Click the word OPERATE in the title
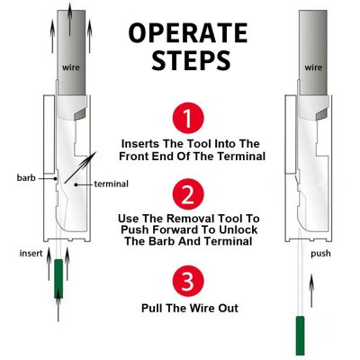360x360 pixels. [x=188, y=33]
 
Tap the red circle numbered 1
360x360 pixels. [x=188, y=118]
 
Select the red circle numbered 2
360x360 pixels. [x=188, y=194]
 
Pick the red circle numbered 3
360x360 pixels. [x=188, y=281]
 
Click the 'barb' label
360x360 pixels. [x=26, y=178]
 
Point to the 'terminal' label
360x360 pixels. [x=112, y=184]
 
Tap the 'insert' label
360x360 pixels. [x=31, y=254]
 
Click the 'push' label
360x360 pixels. [x=320, y=254]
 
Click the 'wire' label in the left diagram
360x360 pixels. [x=71, y=67]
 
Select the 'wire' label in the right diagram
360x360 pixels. [x=313, y=67]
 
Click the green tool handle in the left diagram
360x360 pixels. [x=58, y=279]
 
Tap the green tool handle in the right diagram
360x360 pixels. [x=300, y=336]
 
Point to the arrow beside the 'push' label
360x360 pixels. [x=312, y=291]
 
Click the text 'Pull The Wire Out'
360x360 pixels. [x=190, y=308]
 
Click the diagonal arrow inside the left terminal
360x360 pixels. [x=80, y=167]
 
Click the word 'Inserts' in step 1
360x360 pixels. [x=140, y=144]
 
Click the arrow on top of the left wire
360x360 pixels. [x=69, y=19]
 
